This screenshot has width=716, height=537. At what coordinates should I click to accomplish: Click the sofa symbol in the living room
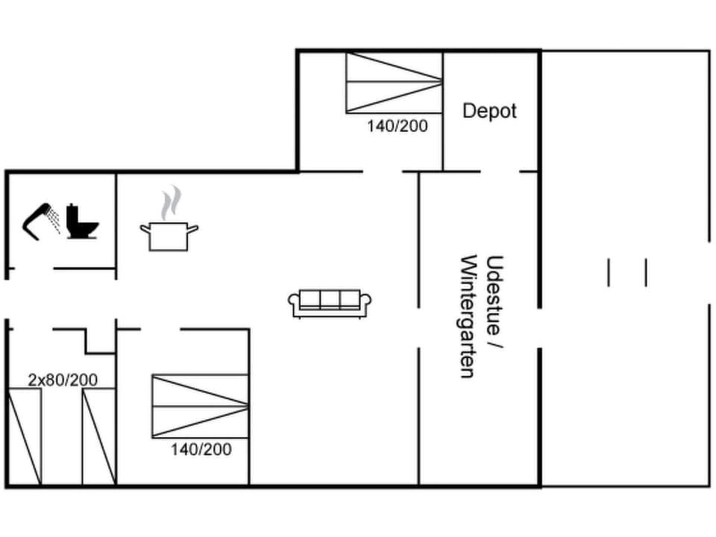330,302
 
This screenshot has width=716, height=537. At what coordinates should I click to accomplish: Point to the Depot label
489,111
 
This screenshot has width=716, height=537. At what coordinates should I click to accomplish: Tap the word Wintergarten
469,316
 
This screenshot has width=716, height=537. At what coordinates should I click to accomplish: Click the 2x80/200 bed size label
63,380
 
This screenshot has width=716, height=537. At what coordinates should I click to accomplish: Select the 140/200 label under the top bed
398,126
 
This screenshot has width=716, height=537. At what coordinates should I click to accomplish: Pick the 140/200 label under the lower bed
201,450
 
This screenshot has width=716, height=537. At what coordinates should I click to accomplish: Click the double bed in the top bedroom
394,82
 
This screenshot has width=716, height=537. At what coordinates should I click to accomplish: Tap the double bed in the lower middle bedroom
200,406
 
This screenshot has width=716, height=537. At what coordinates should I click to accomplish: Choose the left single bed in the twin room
24,436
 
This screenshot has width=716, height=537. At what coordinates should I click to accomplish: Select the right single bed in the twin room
98,436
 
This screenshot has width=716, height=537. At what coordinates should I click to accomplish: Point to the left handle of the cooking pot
145,228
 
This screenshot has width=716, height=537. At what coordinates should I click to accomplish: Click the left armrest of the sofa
294,301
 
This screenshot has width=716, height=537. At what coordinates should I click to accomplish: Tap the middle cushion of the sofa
330,299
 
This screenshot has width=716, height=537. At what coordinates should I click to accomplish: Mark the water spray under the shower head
54,220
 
